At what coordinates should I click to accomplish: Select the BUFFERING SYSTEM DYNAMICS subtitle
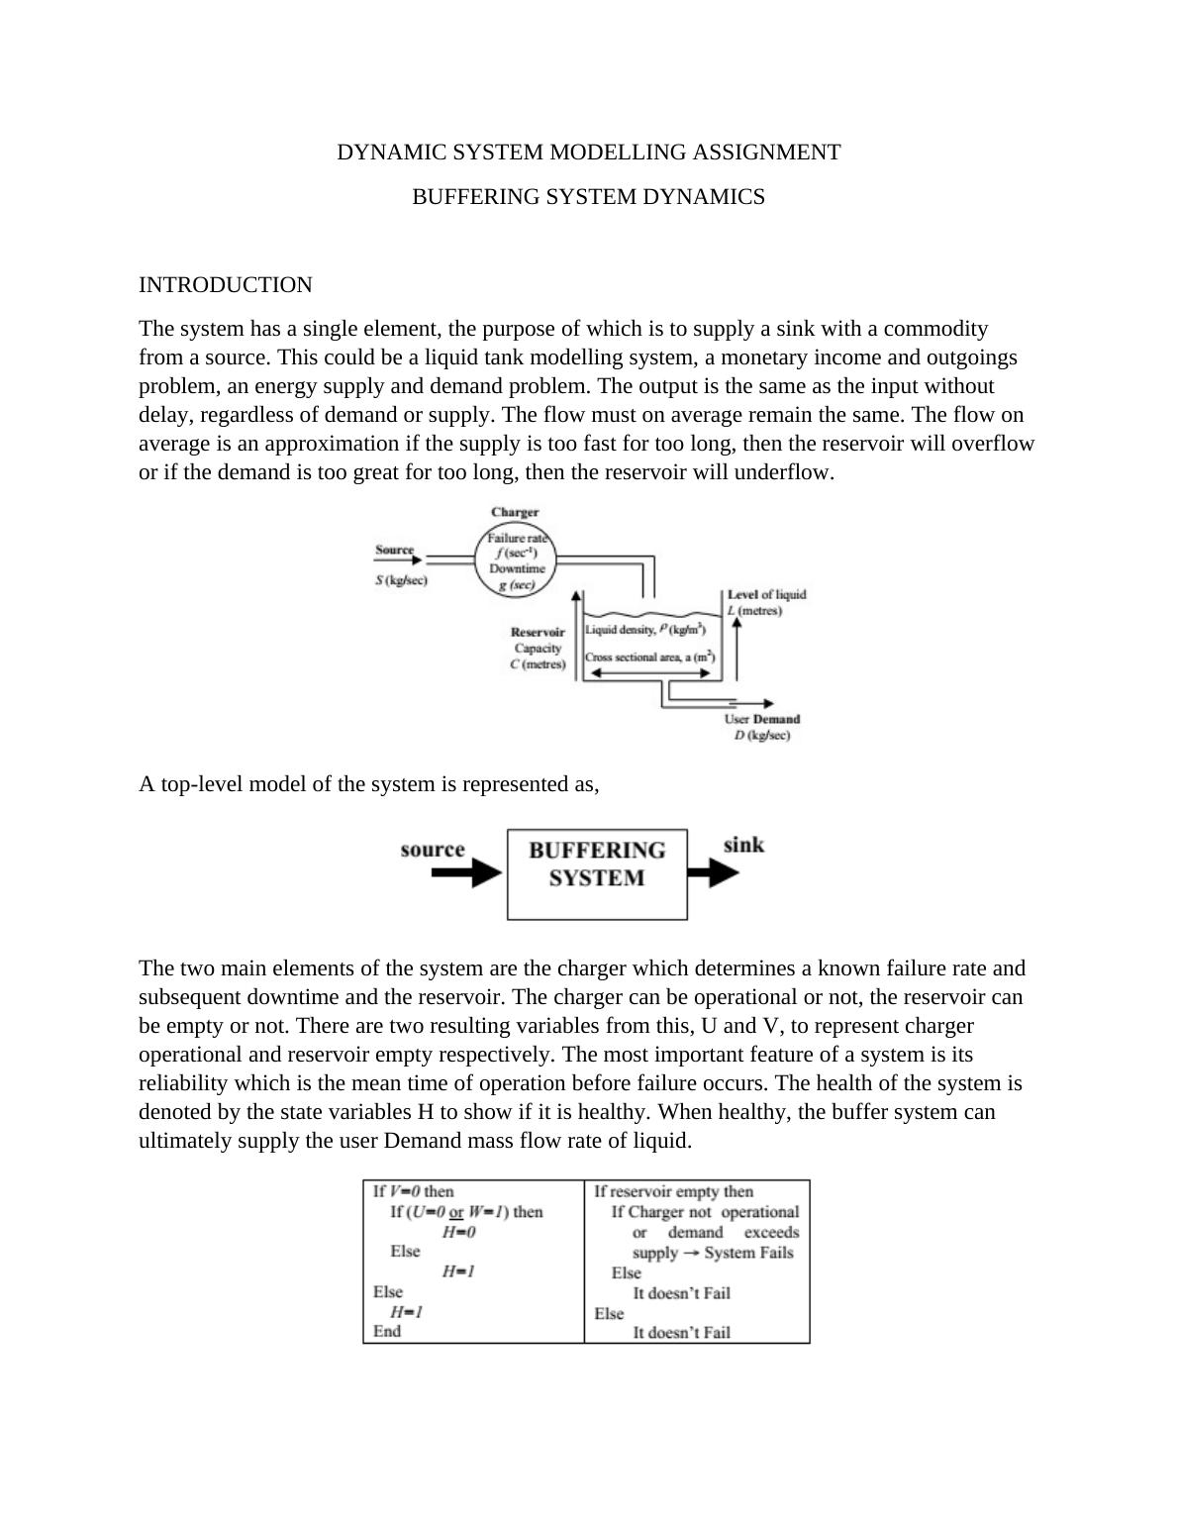click(588, 197)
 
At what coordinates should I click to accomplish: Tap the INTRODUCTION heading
click(225, 285)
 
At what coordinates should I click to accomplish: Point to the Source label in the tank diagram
click(394, 550)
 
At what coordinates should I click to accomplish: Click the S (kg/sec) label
click(401, 580)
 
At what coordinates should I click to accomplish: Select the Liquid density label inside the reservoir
click(644, 630)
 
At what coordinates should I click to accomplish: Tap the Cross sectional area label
click(649, 658)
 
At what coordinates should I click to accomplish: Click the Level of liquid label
click(766, 594)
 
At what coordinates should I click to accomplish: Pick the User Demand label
click(761, 719)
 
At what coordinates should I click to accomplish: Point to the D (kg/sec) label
click(761, 736)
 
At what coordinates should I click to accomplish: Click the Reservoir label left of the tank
click(538, 632)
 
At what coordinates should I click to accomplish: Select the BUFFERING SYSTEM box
click(597, 874)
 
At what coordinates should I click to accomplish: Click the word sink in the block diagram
click(743, 845)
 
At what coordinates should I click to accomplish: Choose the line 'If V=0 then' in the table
click(413, 1191)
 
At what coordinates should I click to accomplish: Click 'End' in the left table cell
click(387, 1331)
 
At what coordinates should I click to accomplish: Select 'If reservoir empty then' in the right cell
click(673, 1191)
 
